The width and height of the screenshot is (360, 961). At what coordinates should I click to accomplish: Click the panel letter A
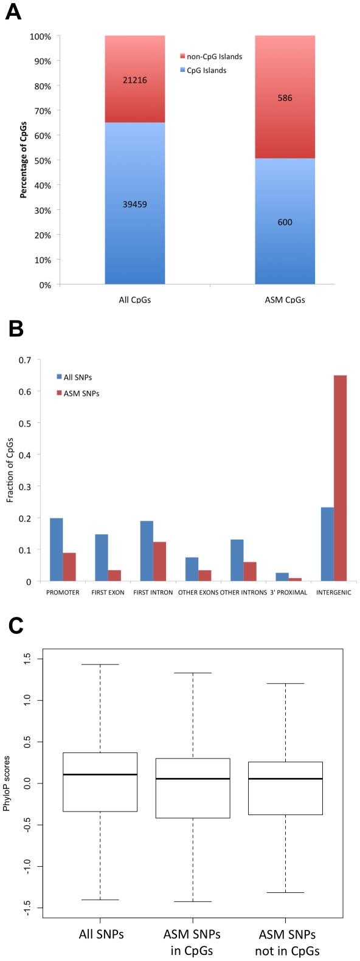click(13, 12)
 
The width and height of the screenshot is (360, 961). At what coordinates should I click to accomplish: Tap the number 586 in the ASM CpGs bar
click(285, 98)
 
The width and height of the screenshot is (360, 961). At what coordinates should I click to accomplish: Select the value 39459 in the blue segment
click(135, 204)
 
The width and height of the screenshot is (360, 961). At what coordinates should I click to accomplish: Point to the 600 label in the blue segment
click(285, 222)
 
